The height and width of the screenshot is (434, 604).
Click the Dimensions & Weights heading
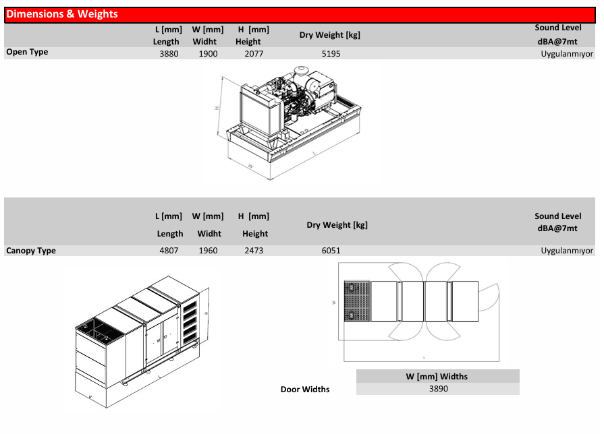(x=62, y=14)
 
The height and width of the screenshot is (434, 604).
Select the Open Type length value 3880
(x=169, y=54)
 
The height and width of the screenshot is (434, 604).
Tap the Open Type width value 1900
(x=208, y=54)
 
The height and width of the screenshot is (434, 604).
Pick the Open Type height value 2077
(x=254, y=54)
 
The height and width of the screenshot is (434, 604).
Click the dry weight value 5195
(x=331, y=54)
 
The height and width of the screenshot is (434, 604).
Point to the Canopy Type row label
(x=31, y=251)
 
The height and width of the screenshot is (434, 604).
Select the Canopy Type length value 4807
(x=169, y=251)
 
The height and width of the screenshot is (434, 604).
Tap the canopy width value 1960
(x=208, y=251)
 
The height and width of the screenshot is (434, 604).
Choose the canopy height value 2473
(x=254, y=251)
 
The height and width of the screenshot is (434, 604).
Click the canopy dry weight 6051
(x=331, y=251)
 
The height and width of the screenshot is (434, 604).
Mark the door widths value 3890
(x=439, y=389)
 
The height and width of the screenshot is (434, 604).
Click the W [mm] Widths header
(x=437, y=376)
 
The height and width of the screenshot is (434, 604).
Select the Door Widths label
(x=304, y=390)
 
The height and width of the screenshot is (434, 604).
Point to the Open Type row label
(x=27, y=52)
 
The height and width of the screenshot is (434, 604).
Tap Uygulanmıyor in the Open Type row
(x=567, y=54)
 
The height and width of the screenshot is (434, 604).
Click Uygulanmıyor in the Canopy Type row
(x=567, y=251)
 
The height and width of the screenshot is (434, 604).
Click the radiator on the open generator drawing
(x=260, y=112)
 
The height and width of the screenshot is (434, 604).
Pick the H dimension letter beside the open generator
(x=217, y=108)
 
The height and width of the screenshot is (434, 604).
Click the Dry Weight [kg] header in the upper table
(x=330, y=35)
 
